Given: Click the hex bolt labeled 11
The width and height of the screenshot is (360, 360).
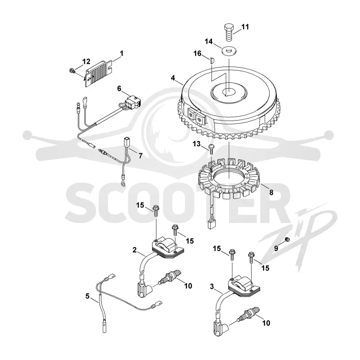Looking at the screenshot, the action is click(x=229, y=32).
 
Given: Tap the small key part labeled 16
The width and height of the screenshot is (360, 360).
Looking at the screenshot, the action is click(x=212, y=61).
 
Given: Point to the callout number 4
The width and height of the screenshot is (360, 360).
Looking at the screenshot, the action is click(x=173, y=78).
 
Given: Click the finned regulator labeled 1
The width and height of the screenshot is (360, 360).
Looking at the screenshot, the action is click(x=99, y=73).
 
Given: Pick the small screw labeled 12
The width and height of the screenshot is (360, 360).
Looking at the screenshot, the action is click(x=72, y=72).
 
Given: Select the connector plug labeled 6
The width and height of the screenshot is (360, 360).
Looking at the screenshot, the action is click(x=132, y=102).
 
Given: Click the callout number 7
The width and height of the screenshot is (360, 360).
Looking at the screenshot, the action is click(x=140, y=156).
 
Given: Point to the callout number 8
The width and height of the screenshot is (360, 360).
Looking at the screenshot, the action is click(x=271, y=192).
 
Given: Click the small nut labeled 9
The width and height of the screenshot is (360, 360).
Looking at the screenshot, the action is click(x=287, y=240).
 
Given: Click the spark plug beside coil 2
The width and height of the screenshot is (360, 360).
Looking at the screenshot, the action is click(x=171, y=277).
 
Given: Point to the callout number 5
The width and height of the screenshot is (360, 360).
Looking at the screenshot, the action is click(x=87, y=296).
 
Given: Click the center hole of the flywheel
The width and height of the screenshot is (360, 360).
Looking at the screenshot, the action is click(x=229, y=92).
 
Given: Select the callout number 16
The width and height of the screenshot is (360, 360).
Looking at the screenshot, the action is click(x=197, y=54).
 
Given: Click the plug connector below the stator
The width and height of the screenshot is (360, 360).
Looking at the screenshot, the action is click(x=210, y=224).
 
